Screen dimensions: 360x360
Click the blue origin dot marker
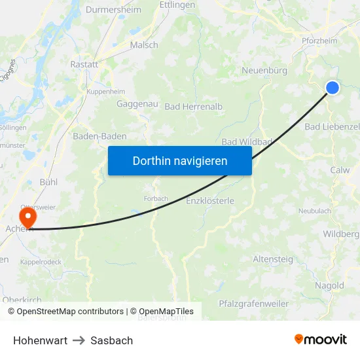333,87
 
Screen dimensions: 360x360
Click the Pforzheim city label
319,41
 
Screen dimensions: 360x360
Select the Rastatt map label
84,65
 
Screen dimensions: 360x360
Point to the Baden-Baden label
99,136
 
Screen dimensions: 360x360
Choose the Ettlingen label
177,5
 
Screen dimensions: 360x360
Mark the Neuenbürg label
265,71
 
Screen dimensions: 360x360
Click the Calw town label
340,170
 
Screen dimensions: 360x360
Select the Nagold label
329,285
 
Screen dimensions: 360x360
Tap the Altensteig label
273,259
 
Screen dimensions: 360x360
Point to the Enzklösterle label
210,200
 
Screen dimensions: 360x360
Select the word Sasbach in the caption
112,340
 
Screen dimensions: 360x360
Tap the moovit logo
321,339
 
